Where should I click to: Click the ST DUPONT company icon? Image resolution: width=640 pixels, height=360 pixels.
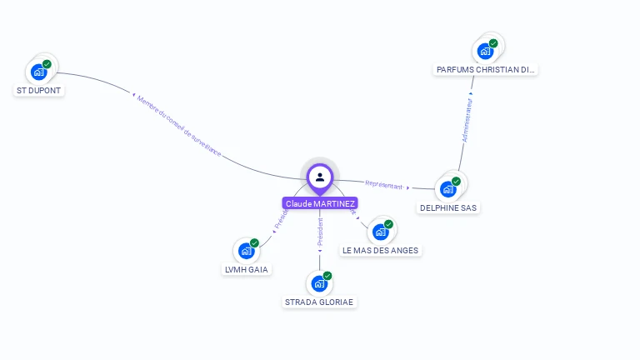point(38,72)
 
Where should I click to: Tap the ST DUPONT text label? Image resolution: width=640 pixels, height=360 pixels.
point(39,90)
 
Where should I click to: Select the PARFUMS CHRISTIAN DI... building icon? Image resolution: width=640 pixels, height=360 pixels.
point(485,51)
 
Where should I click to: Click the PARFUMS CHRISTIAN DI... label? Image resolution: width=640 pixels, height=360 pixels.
point(487,70)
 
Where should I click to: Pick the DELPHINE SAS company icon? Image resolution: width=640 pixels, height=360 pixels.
point(447,189)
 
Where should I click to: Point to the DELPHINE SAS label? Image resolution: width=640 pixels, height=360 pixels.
point(448,207)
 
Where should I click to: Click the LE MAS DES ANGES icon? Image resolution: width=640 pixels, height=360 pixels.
point(380,232)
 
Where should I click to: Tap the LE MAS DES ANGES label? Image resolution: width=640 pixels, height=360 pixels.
point(381,250)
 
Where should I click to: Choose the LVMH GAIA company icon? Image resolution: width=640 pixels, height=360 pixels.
point(246,251)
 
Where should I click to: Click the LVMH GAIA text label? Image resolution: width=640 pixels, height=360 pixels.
point(247,269)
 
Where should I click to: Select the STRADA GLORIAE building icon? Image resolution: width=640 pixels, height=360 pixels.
point(319,283)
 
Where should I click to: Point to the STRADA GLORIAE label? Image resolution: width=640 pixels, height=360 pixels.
point(320,302)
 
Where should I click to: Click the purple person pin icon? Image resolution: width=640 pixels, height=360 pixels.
point(320,177)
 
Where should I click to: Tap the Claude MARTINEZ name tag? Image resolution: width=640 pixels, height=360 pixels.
point(320,203)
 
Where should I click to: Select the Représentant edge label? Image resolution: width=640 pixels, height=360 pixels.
point(384,185)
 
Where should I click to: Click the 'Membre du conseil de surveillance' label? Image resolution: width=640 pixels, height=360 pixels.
point(179,126)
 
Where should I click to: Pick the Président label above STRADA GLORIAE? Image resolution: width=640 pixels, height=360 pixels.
point(320,231)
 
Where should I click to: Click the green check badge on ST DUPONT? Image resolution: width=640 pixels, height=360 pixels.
point(47,64)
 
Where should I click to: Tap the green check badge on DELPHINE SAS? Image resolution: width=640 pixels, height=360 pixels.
point(456,181)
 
